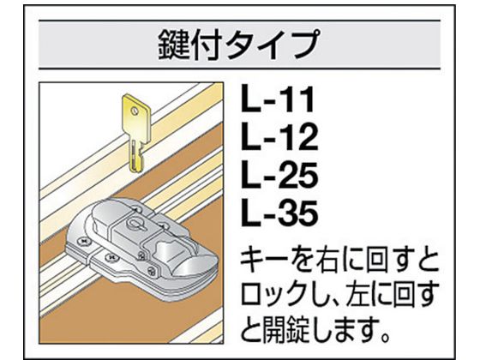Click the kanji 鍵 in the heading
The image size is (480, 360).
[x=174, y=45]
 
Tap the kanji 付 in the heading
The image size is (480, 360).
[x=207, y=45]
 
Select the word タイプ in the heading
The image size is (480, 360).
[x=273, y=45]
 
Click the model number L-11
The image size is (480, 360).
[x=278, y=99]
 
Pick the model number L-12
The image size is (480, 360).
[x=279, y=137]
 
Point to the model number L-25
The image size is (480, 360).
[x=279, y=175]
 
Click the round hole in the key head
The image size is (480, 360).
[x=134, y=110]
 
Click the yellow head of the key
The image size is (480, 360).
[x=136, y=117]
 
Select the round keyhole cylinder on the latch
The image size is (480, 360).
[x=134, y=224]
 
